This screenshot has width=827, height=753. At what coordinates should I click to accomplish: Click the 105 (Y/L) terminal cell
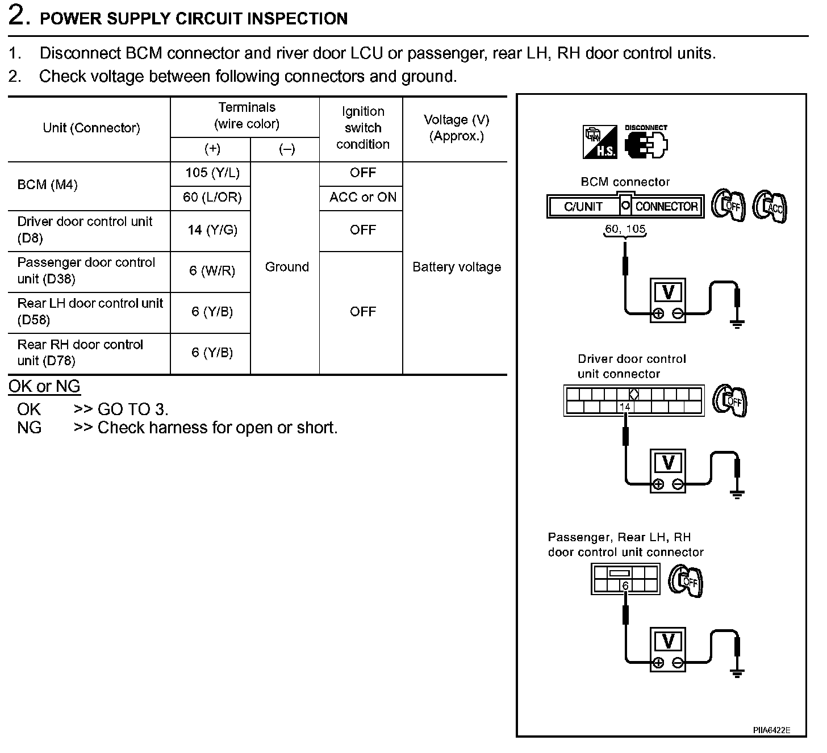click(x=212, y=173)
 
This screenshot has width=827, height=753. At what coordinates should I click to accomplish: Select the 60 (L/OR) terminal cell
click(x=212, y=198)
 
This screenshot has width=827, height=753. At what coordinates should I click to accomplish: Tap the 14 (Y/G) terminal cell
click(x=212, y=230)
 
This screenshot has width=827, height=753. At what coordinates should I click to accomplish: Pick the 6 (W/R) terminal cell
click(x=212, y=271)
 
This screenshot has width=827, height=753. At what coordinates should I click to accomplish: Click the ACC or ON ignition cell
click(x=362, y=198)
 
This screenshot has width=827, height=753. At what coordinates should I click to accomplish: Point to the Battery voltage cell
click(x=456, y=267)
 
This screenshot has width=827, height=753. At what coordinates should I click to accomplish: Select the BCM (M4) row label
click(x=48, y=185)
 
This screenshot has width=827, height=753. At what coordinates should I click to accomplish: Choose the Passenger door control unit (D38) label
click(x=86, y=271)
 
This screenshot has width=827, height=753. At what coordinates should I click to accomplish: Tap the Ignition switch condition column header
click(x=362, y=128)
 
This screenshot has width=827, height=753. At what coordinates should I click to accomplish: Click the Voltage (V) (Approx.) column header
click(x=456, y=128)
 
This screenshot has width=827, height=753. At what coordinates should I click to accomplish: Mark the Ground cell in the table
click(x=287, y=267)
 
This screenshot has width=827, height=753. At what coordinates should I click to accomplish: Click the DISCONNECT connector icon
click(x=646, y=141)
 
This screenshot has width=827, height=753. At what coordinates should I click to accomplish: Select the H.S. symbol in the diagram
click(x=600, y=142)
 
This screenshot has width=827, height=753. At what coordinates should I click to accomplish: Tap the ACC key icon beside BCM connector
click(x=770, y=206)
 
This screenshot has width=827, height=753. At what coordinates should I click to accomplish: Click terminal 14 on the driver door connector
click(x=625, y=407)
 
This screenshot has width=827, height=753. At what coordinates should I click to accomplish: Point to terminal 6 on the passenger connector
click(x=625, y=586)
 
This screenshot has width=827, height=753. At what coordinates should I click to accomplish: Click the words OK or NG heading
click(x=44, y=387)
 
